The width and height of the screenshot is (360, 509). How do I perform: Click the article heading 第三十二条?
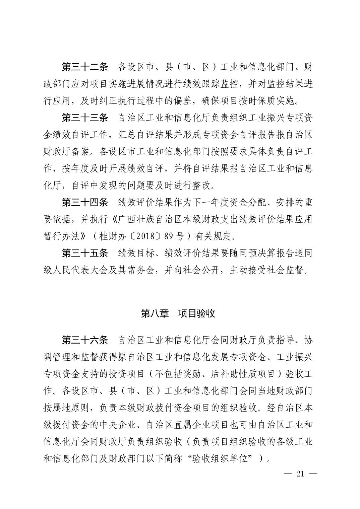(85, 67)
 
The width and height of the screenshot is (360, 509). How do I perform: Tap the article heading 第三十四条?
(85, 202)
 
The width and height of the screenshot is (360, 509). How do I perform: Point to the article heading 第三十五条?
(85, 253)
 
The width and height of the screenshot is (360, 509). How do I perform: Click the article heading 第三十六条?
(85, 341)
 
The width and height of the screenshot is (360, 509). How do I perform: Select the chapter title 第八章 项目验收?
(178, 313)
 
